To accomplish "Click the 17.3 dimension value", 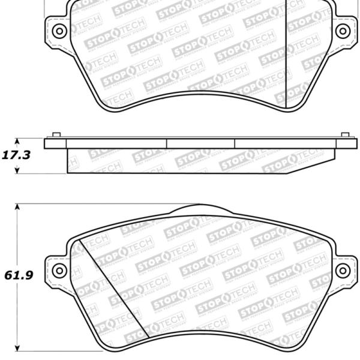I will [x=16, y=155].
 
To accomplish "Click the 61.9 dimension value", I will [x=16, y=277].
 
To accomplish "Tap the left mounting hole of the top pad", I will [x=58, y=31].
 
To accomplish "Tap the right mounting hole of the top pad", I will [x=343, y=31].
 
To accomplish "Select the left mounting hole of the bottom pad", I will [x=58, y=271].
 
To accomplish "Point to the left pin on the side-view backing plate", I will [x=56, y=135].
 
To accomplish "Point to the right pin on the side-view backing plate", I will [x=344, y=135].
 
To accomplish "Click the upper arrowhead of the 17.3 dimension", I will [x=17, y=140].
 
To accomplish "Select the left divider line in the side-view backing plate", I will [x=166, y=143].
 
